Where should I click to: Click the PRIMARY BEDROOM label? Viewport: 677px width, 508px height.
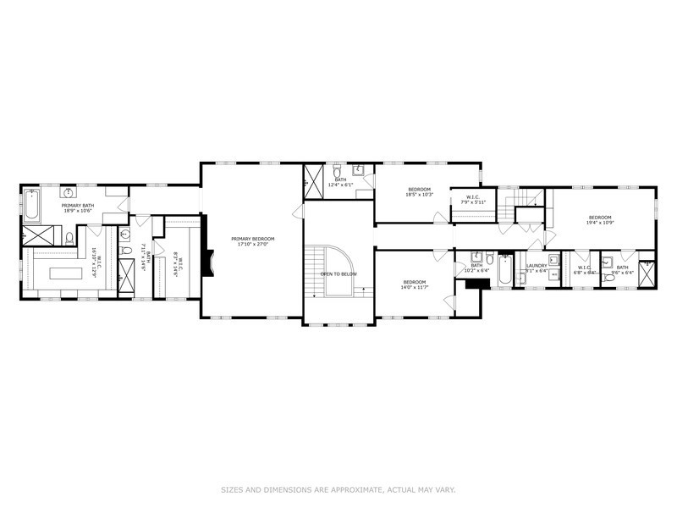click(x=250, y=239)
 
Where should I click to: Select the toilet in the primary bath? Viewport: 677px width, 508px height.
click(x=69, y=238)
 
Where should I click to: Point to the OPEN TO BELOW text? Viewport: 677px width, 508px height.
click(x=338, y=274)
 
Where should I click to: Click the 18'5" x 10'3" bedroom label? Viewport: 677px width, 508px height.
click(x=420, y=189)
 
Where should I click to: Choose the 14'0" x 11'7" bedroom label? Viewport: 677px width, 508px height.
click(x=414, y=282)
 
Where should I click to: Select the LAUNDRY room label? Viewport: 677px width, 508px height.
click(x=537, y=266)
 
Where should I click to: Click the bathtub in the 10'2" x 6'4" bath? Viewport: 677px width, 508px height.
click(x=503, y=272)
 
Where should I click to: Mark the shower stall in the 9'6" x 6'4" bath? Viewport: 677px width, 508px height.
click(x=647, y=272)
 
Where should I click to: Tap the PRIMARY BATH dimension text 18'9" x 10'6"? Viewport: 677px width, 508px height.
click(x=76, y=211)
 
